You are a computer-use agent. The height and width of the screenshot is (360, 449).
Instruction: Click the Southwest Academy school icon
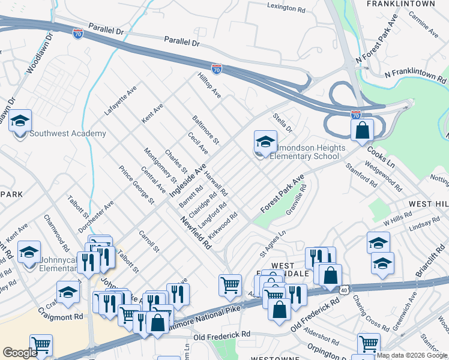click(x=20, y=122)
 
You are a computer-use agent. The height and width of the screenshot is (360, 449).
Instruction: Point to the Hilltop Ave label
click(x=209, y=85)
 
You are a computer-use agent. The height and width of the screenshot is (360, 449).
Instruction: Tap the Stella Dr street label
click(x=282, y=123)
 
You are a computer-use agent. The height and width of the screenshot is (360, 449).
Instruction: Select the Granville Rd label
click(x=297, y=199)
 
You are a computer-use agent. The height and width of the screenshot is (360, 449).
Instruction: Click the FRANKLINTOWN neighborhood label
click(x=400, y=4)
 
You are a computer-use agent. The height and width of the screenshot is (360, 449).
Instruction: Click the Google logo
click(x=20, y=353)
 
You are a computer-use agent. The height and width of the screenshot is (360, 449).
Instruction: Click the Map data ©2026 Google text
click(x=412, y=355)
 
